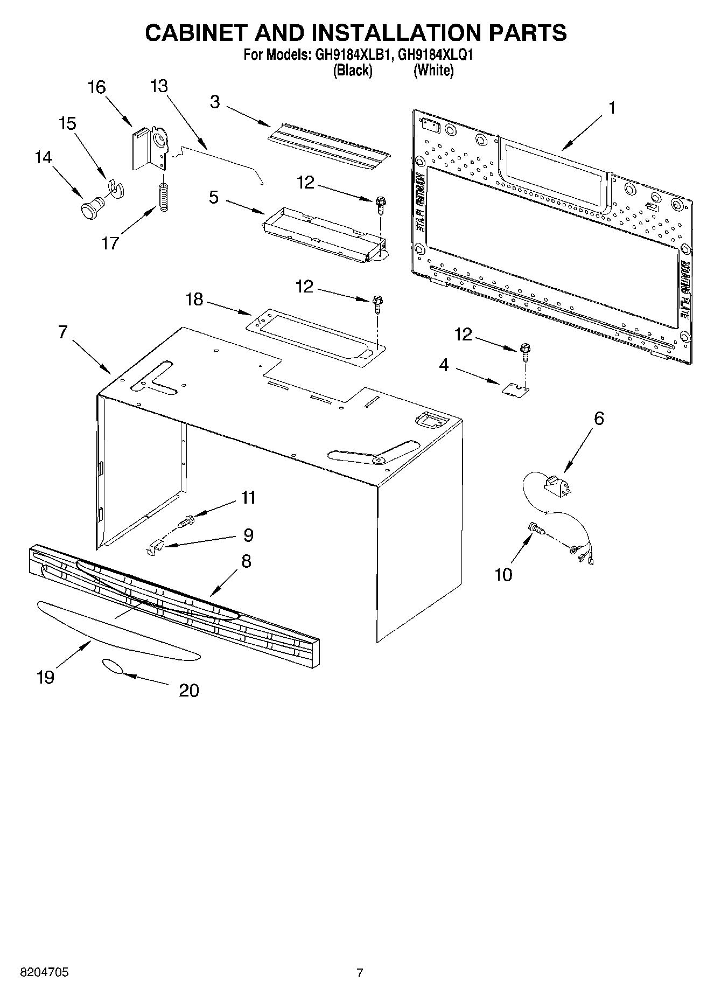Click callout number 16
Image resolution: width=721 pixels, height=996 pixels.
[96, 87]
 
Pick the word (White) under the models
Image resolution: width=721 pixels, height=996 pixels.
[433, 71]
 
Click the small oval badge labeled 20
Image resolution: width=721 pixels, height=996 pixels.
[112, 666]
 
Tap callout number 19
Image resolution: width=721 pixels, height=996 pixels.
[46, 677]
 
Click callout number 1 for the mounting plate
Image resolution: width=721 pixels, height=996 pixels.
[612, 108]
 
